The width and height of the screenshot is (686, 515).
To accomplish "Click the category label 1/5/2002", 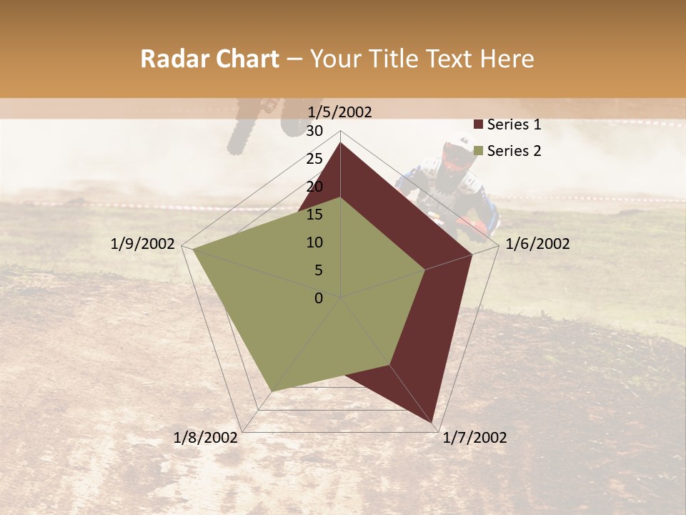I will point(340,112).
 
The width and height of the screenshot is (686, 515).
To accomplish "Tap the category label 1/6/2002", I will point(537,244).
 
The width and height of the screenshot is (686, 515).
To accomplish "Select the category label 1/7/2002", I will point(474,438).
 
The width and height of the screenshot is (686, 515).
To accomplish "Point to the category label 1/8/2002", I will point(206,438).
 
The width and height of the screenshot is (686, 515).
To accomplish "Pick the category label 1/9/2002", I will point(143,244).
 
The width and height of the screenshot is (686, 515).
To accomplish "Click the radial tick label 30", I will point(314,131).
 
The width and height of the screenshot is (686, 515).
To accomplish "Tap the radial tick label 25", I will point(314,159).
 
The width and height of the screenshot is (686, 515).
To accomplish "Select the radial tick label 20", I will point(314,187).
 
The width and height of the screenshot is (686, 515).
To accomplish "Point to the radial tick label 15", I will point(314,215).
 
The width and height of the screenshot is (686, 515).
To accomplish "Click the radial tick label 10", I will point(314,242).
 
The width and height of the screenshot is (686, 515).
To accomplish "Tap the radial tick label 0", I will point(319,298).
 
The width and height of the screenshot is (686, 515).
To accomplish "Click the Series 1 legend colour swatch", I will point(479,125).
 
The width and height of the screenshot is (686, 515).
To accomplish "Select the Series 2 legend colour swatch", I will point(479,151).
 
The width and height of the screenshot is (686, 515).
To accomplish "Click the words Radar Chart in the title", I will point(209,59).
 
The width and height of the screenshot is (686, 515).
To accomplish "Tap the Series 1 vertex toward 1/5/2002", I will point(341,143).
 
